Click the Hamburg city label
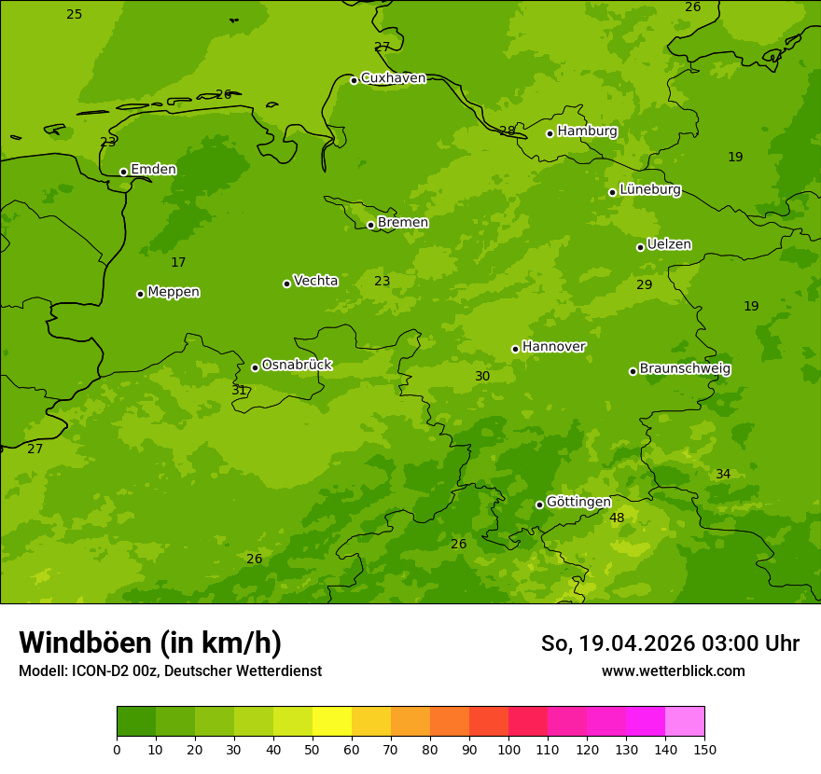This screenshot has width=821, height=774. [x=587, y=131]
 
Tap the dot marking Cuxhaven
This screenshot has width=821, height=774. [x=354, y=80]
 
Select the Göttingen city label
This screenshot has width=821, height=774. [x=578, y=502]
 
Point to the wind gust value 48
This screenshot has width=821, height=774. [x=617, y=518]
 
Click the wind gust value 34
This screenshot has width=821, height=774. [x=723, y=474]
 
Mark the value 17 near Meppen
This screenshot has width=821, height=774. [x=178, y=262]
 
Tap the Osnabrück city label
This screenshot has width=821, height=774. [x=297, y=365]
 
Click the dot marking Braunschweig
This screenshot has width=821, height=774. [x=633, y=371]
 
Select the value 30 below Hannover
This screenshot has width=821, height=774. [x=482, y=376]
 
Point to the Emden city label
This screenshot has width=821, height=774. [x=153, y=169]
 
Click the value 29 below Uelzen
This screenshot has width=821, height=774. [x=645, y=284]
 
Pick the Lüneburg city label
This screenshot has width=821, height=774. [x=650, y=189]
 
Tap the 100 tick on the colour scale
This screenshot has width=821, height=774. [x=508, y=749]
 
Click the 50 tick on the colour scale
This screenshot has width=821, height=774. [x=313, y=749]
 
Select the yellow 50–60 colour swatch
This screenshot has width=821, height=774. [x=332, y=721]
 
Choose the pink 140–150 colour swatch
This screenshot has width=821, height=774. [x=685, y=721]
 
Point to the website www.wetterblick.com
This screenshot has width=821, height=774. [x=673, y=670]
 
